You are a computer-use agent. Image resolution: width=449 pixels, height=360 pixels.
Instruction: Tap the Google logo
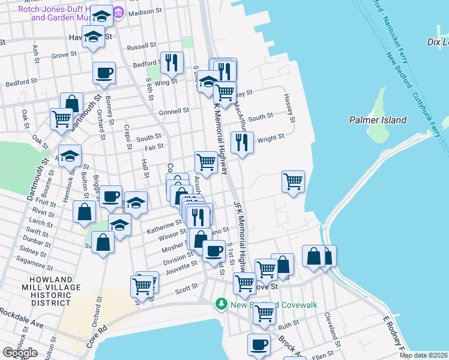(x=20, y=353)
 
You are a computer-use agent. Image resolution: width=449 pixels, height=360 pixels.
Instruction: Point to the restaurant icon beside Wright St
(x=242, y=143)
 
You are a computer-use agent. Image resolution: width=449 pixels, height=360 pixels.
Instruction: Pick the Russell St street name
(x=141, y=46)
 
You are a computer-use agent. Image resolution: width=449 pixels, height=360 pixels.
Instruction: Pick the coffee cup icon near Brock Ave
(x=259, y=345)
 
